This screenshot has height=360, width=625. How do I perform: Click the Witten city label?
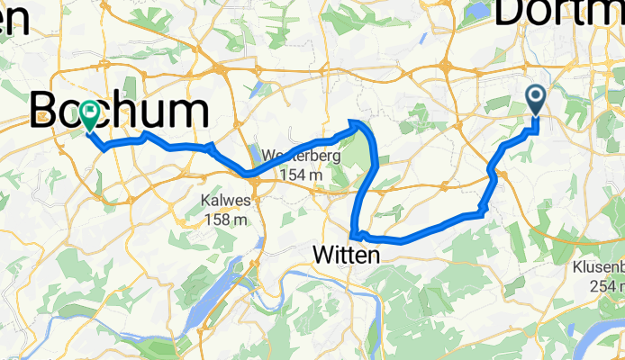(347, 256)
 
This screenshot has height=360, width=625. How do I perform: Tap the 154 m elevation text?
(302, 174)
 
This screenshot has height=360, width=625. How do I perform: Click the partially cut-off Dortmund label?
(558, 13)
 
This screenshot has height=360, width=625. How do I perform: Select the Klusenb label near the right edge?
(598, 268)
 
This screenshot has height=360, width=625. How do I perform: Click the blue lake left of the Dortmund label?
(477, 13)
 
